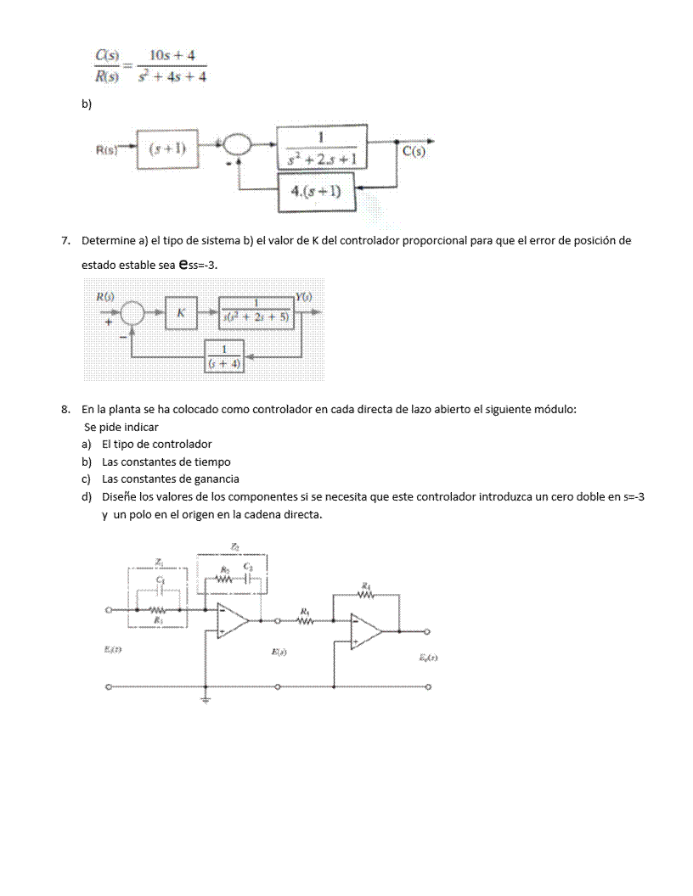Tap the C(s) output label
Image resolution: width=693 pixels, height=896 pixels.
click(x=414, y=151)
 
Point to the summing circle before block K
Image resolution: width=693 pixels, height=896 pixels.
click(x=133, y=313)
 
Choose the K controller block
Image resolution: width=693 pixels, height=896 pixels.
click(x=181, y=313)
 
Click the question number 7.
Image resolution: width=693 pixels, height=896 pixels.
click(x=65, y=240)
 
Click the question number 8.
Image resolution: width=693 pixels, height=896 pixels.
click(x=65, y=409)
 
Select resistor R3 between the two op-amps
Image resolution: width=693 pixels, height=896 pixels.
click(x=304, y=620)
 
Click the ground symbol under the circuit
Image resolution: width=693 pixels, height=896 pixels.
click(x=206, y=700)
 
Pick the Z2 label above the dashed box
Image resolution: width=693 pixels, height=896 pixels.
click(x=234, y=546)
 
